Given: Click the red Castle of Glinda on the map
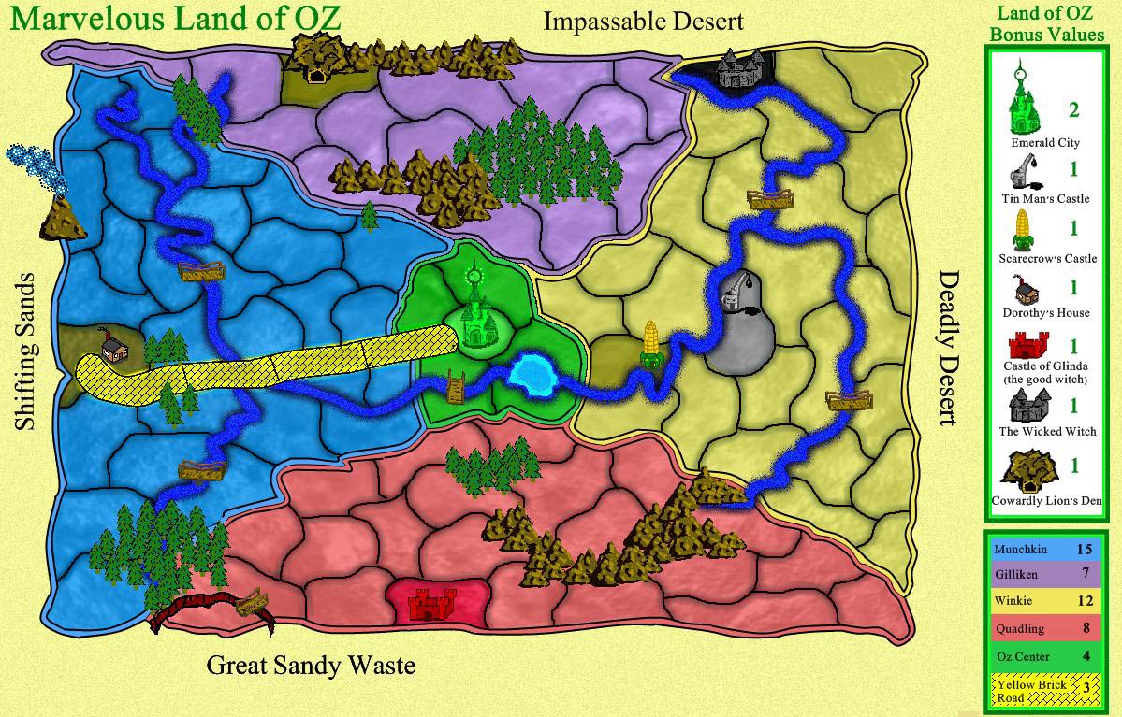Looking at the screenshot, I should pos(432,603).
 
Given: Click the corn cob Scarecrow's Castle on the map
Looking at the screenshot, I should pos(651,344).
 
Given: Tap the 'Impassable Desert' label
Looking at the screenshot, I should pos(644,21).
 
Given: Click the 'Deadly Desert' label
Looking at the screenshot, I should pos(949,348).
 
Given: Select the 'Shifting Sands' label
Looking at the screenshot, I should pos(25,351).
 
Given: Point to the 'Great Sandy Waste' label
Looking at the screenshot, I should pos(311,666).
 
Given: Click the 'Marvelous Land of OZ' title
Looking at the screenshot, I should pos(176,19).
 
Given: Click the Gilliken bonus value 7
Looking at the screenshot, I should pos(1085,572).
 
